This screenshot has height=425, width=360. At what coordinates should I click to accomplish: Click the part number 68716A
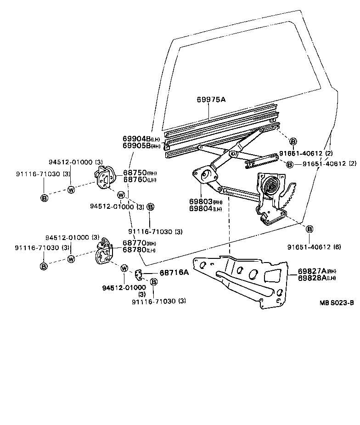pyautogui.click(x=174, y=273)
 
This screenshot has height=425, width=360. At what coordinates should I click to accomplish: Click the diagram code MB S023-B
pyautogui.click(x=337, y=303)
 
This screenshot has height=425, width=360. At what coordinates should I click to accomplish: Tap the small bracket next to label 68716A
pyautogui.click(x=138, y=274)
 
